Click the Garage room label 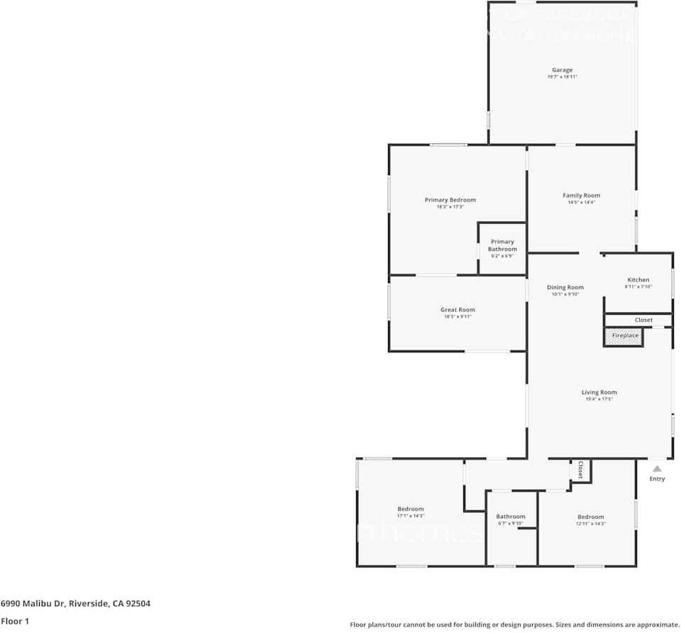click(562, 70)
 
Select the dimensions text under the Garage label click(562, 77)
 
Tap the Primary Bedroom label click(450, 200)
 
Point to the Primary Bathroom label click(502, 245)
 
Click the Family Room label click(581, 196)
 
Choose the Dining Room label click(565, 288)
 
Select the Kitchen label click(638, 280)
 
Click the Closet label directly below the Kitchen click(643, 320)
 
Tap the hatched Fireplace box click(624, 335)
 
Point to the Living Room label click(599, 393)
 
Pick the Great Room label click(458, 310)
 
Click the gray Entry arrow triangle click(657, 469)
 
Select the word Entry click(657, 479)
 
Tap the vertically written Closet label click(580, 469)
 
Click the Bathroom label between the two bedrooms click(510, 517)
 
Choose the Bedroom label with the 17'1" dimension click(410, 509)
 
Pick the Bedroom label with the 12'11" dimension click(590, 517)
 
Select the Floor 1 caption click(14, 621)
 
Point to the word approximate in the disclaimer click(655, 624)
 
